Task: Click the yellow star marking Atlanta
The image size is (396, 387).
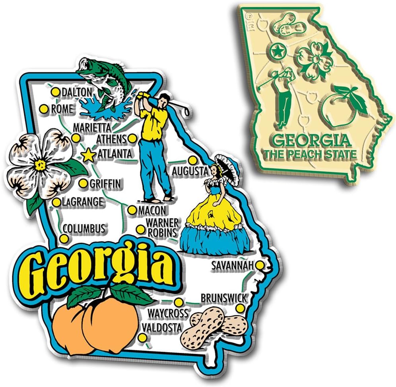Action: (88, 155)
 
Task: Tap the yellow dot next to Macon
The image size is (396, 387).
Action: (132, 210)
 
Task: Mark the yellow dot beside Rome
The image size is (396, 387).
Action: (44, 108)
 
